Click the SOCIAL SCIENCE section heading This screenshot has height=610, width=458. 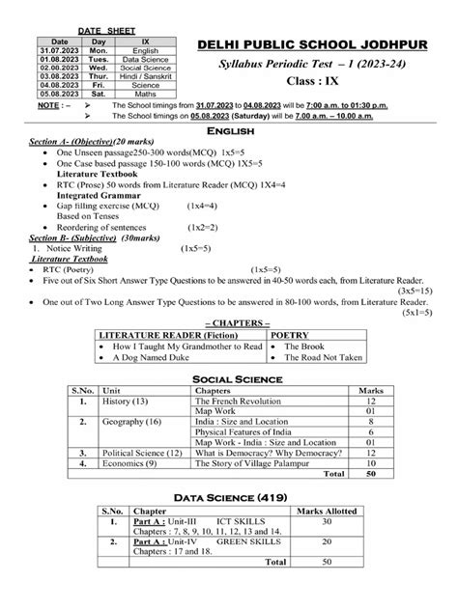(228, 379)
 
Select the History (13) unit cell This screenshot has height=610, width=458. (126, 401)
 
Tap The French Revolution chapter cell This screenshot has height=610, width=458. (239, 401)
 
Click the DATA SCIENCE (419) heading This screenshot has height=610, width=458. (228, 497)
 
